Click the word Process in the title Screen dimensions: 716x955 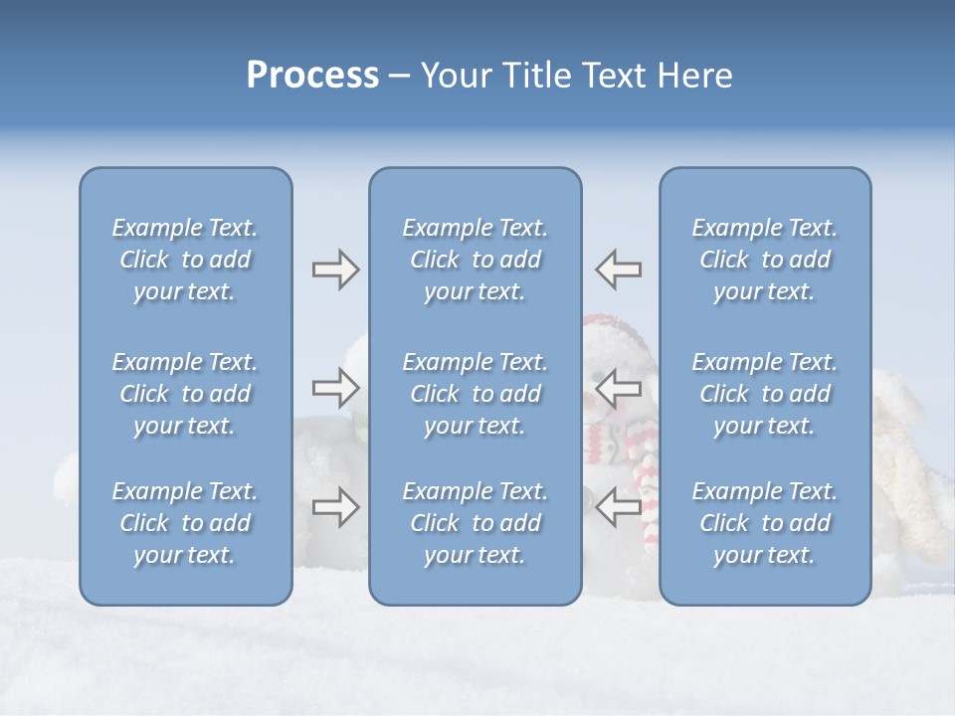(312, 76)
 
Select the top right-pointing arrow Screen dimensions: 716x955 (335, 269)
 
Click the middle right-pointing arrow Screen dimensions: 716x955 (335, 387)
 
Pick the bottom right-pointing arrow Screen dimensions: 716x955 (335, 507)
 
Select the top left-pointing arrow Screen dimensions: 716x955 (619, 269)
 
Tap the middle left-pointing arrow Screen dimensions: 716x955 (619, 387)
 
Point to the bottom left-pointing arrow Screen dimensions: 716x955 (619, 507)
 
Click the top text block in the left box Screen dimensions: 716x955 (185, 260)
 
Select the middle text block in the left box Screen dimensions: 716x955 (185, 394)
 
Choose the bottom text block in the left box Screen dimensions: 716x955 (185, 523)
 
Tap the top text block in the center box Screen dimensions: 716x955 (475, 260)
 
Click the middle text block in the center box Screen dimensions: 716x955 (475, 394)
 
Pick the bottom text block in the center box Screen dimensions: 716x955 (475, 523)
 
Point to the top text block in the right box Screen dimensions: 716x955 (764, 260)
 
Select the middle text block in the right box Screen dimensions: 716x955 (764, 394)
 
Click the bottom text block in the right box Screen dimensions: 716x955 (764, 523)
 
